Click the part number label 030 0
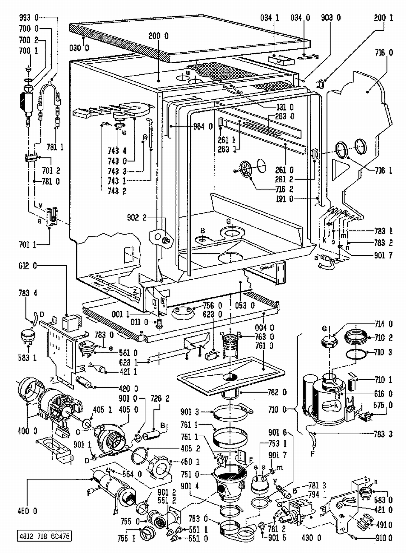[79, 48]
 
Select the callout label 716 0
[384, 53]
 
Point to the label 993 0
[29, 18]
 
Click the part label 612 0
[27, 266]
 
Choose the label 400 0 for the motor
[27, 431]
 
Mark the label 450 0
[27, 511]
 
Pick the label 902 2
[137, 218]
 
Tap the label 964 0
[203, 126]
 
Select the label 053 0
[245, 306]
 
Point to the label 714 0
[384, 324]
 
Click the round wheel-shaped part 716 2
[246, 170]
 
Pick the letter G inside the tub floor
[229, 222]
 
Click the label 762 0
[277, 392]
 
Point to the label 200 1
[383, 18]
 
